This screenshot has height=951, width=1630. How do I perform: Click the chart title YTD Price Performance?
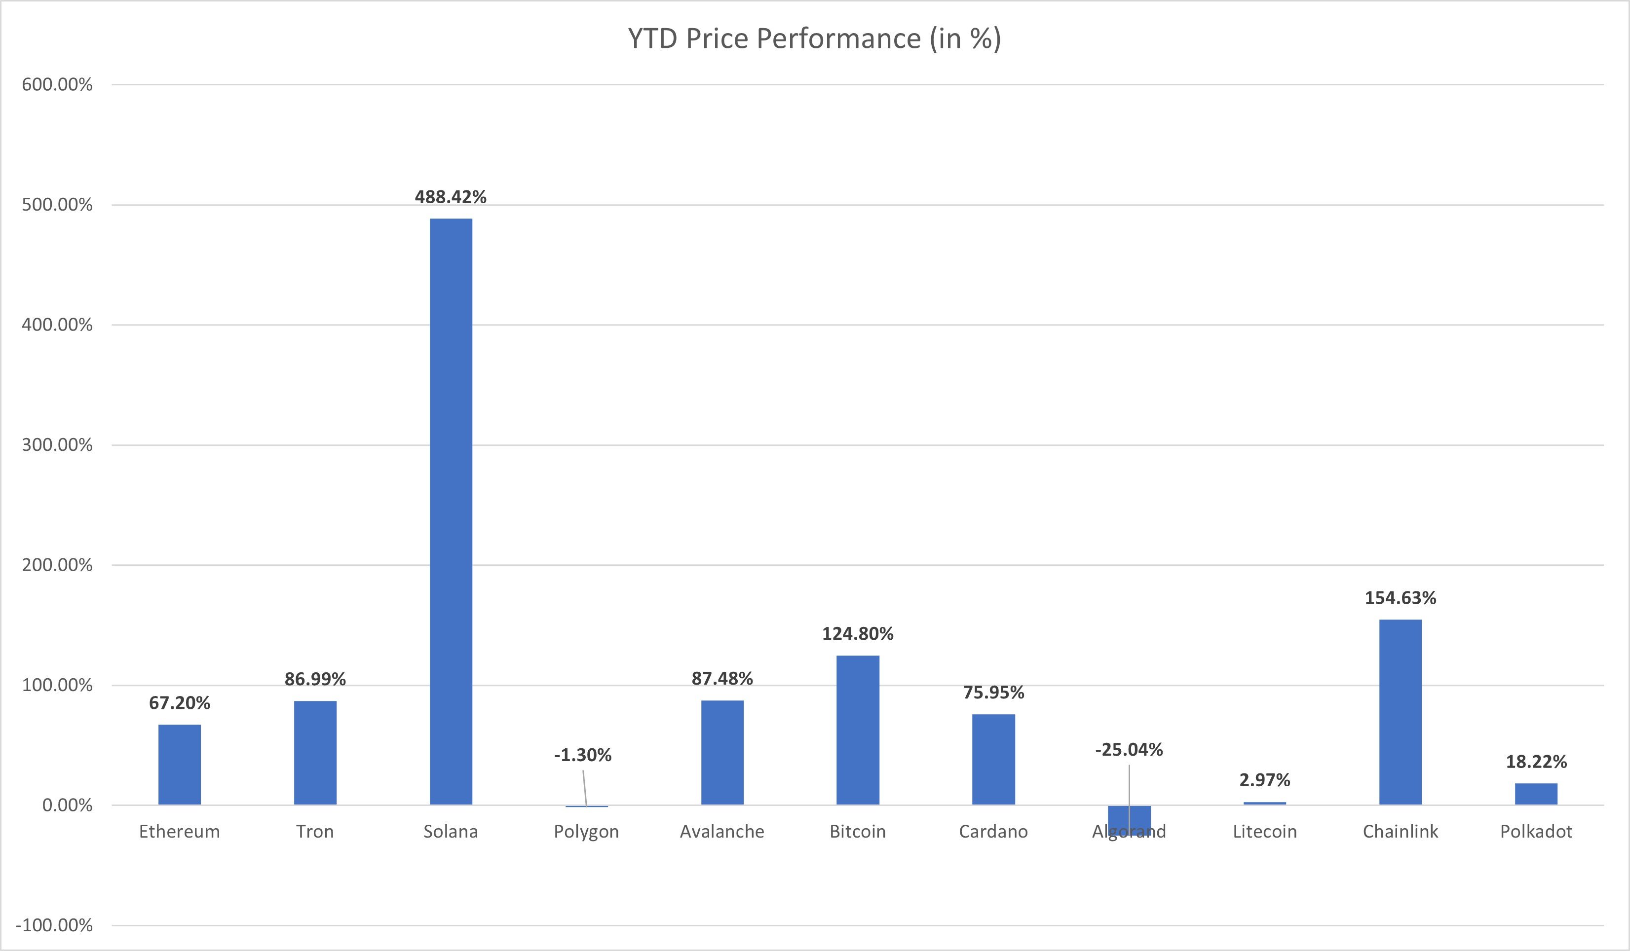[814, 39]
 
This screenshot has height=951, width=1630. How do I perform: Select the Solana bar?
[451, 511]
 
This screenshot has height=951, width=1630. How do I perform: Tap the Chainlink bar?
[1401, 711]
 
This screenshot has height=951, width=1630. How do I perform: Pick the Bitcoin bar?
[858, 730]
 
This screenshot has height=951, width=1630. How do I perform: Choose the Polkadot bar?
[1536, 794]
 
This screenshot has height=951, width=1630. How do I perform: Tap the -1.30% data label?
[582, 755]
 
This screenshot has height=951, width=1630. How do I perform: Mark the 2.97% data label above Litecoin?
[1264, 780]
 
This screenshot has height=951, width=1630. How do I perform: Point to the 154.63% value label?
[1401, 598]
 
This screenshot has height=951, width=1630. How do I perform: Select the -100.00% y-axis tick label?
[54, 925]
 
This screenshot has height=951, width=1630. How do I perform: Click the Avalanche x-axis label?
[722, 832]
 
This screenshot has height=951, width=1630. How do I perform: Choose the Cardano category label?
[993, 832]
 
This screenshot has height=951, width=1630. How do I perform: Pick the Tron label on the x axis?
[315, 832]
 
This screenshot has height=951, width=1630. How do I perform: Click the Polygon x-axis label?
[586, 832]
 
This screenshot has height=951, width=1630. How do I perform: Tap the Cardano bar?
[993, 759]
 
